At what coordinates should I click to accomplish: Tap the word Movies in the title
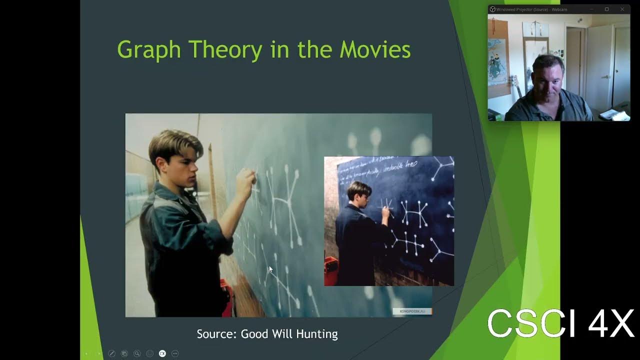click(x=375, y=50)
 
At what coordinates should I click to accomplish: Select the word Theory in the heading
click(x=225, y=50)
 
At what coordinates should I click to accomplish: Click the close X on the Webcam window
click(x=622, y=9)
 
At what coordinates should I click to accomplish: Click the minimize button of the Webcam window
click(x=591, y=9)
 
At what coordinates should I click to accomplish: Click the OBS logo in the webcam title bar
click(x=492, y=9)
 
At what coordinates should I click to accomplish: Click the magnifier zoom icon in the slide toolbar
click(x=137, y=353)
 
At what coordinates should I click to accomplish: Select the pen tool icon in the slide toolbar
click(x=112, y=353)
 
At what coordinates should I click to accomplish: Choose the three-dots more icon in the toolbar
click(x=175, y=353)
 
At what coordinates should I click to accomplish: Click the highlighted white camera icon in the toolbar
click(x=162, y=353)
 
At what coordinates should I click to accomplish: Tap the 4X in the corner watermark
click(x=610, y=324)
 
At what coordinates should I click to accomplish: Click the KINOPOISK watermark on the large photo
click(x=412, y=311)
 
